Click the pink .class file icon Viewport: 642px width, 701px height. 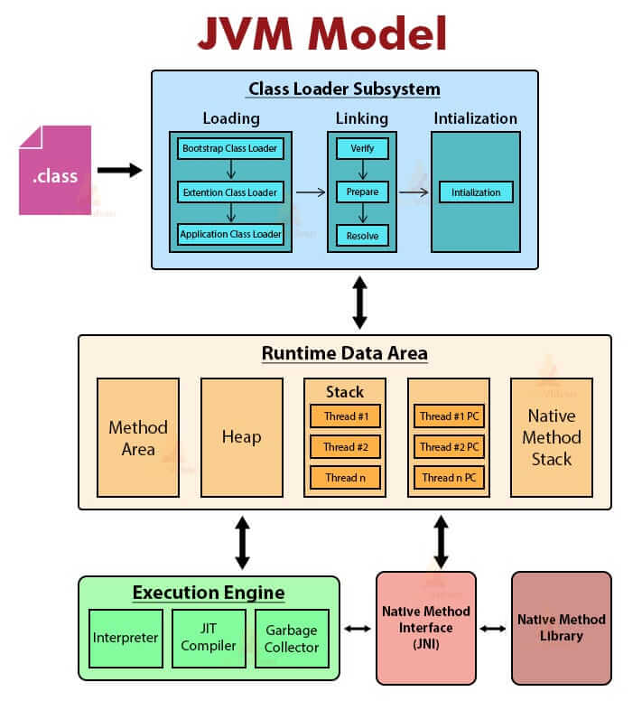(x=55, y=171)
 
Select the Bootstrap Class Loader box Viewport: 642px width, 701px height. (x=230, y=147)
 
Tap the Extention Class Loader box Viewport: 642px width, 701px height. (x=230, y=192)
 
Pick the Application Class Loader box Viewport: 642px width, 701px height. (x=230, y=235)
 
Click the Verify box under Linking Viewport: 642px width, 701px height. (x=362, y=147)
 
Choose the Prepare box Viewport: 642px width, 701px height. (x=362, y=192)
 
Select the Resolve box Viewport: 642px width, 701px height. (x=362, y=236)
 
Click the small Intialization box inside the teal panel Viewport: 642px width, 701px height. (x=476, y=192)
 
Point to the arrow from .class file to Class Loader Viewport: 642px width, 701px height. (x=119, y=170)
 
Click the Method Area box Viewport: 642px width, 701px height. (x=137, y=437)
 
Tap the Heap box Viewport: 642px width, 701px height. (x=241, y=437)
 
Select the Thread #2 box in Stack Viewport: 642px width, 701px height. (x=345, y=446)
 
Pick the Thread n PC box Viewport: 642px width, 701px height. (x=449, y=477)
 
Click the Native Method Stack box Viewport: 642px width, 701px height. (x=551, y=437)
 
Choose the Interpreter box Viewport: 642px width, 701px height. (x=126, y=637)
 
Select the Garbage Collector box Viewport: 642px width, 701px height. (x=291, y=637)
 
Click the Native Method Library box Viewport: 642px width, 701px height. (x=561, y=627)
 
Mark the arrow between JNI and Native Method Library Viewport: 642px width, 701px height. (x=493, y=628)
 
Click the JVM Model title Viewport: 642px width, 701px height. (x=321, y=33)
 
